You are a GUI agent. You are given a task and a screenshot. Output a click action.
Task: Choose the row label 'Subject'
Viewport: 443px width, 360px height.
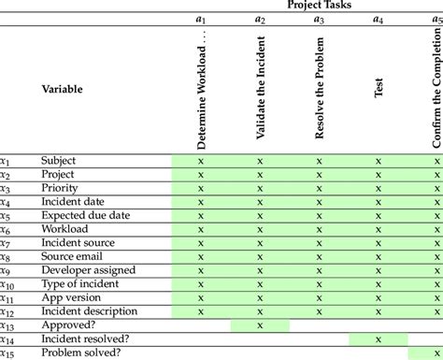(x=58, y=161)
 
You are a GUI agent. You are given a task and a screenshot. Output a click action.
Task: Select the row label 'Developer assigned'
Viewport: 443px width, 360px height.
(x=85, y=270)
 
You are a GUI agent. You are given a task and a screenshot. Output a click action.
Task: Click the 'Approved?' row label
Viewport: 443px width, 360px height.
(x=66, y=325)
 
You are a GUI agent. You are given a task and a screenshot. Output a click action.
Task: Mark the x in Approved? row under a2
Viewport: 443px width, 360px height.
(x=260, y=325)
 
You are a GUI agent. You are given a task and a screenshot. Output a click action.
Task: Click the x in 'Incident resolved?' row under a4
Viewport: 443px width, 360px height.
(x=379, y=338)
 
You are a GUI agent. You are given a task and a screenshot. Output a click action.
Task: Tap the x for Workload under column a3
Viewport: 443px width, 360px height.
(x=320, y=229)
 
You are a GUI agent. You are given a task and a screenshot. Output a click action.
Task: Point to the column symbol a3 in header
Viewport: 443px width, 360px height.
(x=320, y=20)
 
